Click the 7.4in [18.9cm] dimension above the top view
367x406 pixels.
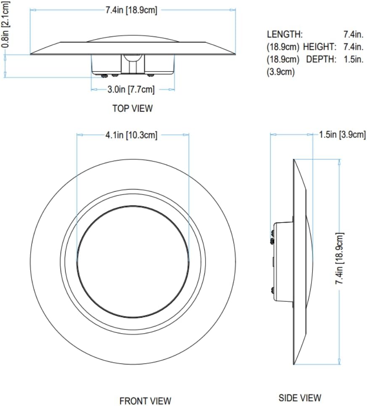click(x=131, y=11)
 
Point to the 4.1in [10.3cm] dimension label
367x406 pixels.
click(x=131, y=135)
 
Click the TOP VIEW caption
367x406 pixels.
click(x=132, y=108)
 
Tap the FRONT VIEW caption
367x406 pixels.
click(x=145, y=401)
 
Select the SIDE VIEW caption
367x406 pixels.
click(x=300, y=397)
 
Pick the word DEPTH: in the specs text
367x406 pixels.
click(x=321, y=59)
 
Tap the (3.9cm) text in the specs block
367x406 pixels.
click(x=281, y=72)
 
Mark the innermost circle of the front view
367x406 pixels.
click(x=132, y=261)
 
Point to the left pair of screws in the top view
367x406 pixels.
click(x=108, y=76)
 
